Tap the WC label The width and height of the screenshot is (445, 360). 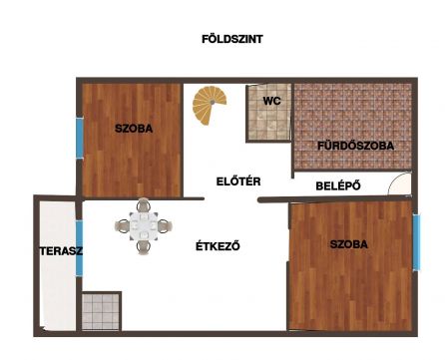click(270, 101)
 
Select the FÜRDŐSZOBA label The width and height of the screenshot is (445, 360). click(355, 146)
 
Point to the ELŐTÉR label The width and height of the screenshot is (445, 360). click(238, 181)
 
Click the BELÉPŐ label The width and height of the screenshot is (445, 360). click(337, 185)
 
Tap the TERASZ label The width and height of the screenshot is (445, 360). click(55, 251)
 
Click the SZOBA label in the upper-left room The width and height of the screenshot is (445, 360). click(133, 129)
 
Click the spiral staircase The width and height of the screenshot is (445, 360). click(211, 106)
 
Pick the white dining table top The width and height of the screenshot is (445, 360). click(145, 228)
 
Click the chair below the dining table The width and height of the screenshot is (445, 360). click(145, 248)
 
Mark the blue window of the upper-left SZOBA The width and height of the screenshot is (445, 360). click(79, 139)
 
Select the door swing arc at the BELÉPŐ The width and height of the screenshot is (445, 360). click(399, 184)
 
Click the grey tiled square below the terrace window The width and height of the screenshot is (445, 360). click(101, 311)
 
